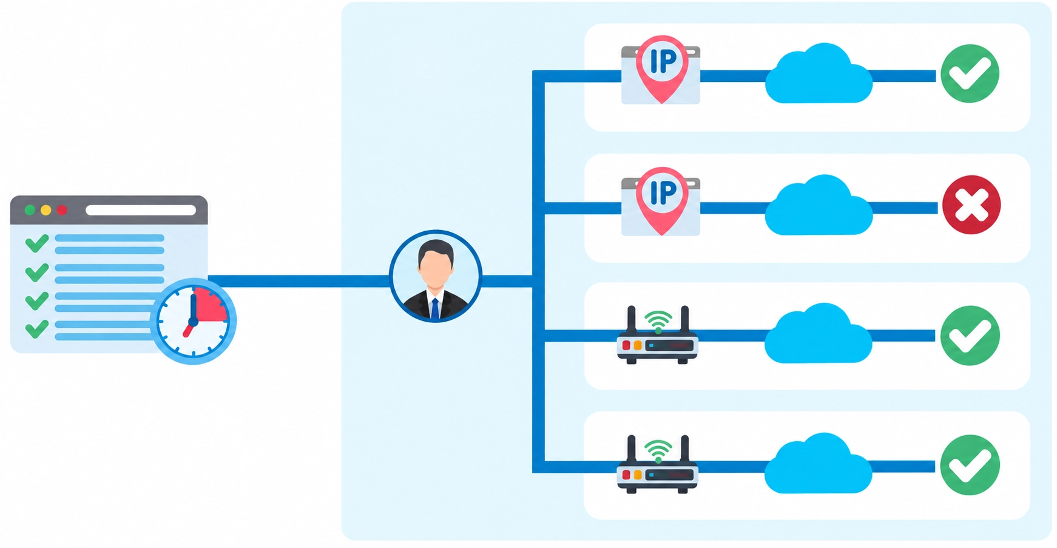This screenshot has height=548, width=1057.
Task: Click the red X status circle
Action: (x=971, y=205)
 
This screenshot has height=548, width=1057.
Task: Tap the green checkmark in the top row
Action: (x=970, y=73)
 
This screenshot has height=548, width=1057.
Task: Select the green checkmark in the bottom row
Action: (x=970, y=465)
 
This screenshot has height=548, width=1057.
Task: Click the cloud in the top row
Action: (x=819, y=74)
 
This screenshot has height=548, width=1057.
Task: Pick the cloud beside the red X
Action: (x=819, y=205)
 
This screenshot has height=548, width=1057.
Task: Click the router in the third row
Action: (x=658, y=335)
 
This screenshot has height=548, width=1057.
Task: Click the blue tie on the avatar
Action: (x=435, y=309)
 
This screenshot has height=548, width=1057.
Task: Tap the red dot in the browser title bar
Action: (x=62, y=210)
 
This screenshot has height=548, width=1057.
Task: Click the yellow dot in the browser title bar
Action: (x=46, y=210)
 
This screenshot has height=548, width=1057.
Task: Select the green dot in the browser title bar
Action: (x=30, y=210)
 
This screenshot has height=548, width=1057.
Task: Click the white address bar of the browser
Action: (x=141, y=210)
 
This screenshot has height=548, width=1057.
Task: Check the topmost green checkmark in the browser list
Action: (x=37, y=243)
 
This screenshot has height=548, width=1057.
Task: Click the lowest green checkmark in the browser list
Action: (x=37, y=330)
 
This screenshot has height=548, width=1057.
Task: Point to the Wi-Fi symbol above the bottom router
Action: (x=658, y=450)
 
